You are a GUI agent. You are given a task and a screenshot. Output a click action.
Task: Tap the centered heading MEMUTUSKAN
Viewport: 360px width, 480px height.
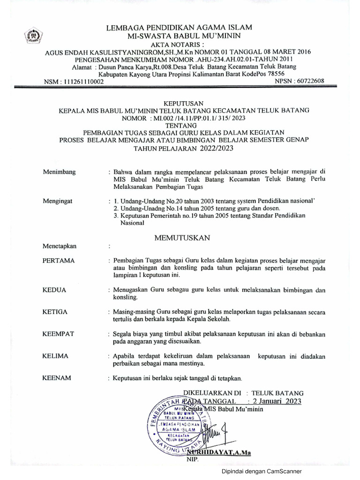(182, 238)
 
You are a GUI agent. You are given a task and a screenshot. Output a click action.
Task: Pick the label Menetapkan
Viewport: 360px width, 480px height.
(60, 246)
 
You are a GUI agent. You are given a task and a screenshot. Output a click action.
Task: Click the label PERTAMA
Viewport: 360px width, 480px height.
(59, 260)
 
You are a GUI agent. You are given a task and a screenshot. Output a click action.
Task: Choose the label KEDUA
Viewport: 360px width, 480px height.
(54, 290)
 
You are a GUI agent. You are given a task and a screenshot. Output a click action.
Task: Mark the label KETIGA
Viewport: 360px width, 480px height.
(55, 312)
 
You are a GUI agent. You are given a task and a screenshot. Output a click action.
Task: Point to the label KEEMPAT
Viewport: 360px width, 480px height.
(58, 333)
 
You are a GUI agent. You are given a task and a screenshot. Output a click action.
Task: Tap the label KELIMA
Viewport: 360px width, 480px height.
(55, 356)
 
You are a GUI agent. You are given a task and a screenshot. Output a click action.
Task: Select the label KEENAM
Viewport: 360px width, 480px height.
(56, 378)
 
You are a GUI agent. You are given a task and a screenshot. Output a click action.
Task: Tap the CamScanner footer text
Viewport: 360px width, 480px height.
(262, 471)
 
